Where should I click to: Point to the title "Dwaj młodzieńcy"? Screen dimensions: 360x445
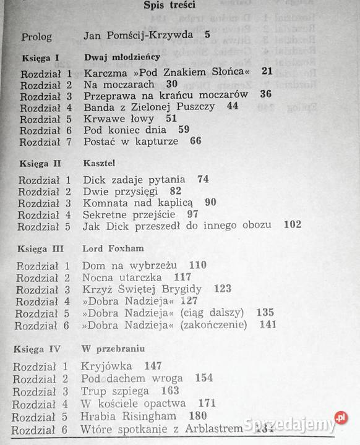[121, 57]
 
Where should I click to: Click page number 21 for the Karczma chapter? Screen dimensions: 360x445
[268, 72]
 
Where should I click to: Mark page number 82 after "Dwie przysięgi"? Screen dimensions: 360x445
[175, 191]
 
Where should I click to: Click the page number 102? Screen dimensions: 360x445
[293, 225]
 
